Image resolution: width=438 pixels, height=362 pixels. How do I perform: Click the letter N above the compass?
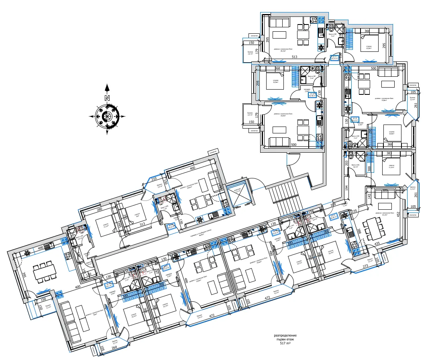pyautogui.click(x=107, y=98)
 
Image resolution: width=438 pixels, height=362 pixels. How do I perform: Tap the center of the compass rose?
pyautogui.click(x=107, y=117)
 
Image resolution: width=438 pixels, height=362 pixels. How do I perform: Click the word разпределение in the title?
pyautogui.click(x=285, y=335)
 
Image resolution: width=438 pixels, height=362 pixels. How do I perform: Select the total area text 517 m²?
pyautogui.click(x=285, y=344)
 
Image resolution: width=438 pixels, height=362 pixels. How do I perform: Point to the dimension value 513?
pyautogui.click(x=295, y=57)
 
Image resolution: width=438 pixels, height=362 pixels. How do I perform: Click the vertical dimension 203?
pyautogui.click(x=346, y=164)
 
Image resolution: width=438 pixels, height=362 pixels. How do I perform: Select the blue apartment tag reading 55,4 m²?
pyautogui.click(x=334, y=57)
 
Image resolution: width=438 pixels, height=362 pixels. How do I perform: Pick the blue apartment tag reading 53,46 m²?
pyautogui.click(x=312, y=95)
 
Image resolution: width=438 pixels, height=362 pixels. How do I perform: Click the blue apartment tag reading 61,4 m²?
pyautogui.click(x=355, y=119)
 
